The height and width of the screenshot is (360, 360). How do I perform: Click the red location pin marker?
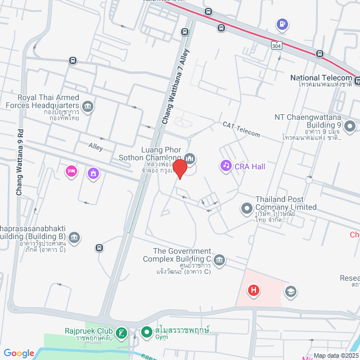pos(179,169)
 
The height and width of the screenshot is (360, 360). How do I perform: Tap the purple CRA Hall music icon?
pos(226,165)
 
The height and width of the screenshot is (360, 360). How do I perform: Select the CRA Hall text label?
pos(250,166)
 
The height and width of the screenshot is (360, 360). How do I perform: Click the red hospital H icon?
pos(254,290)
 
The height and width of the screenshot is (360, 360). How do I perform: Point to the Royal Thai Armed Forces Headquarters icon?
pos(88,106)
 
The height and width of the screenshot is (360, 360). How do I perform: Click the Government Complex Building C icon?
pos(219,259)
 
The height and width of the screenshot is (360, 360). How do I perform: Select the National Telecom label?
pos(321,78)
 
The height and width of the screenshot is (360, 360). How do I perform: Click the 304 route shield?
pos(275,44)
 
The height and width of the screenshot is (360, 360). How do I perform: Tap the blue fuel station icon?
pos(282,25)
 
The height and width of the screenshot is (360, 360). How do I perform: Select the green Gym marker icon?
pos(146,332)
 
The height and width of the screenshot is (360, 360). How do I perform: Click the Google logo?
pos(19,353)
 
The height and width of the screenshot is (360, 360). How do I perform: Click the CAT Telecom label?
pos(241,129)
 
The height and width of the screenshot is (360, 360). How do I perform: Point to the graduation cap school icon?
pos(291,291)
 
